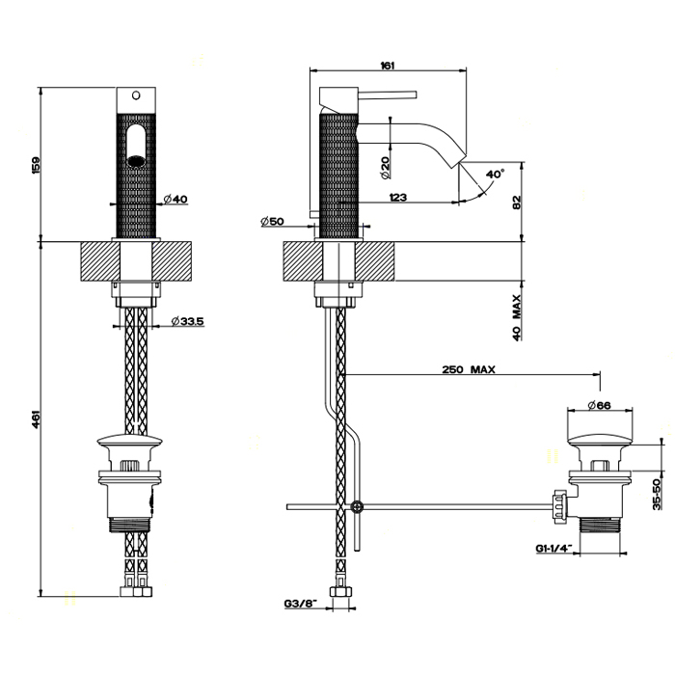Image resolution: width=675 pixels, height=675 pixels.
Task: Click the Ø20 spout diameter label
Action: click(384, 169)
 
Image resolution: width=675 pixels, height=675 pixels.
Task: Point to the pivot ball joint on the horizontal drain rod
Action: click(358, 505)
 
